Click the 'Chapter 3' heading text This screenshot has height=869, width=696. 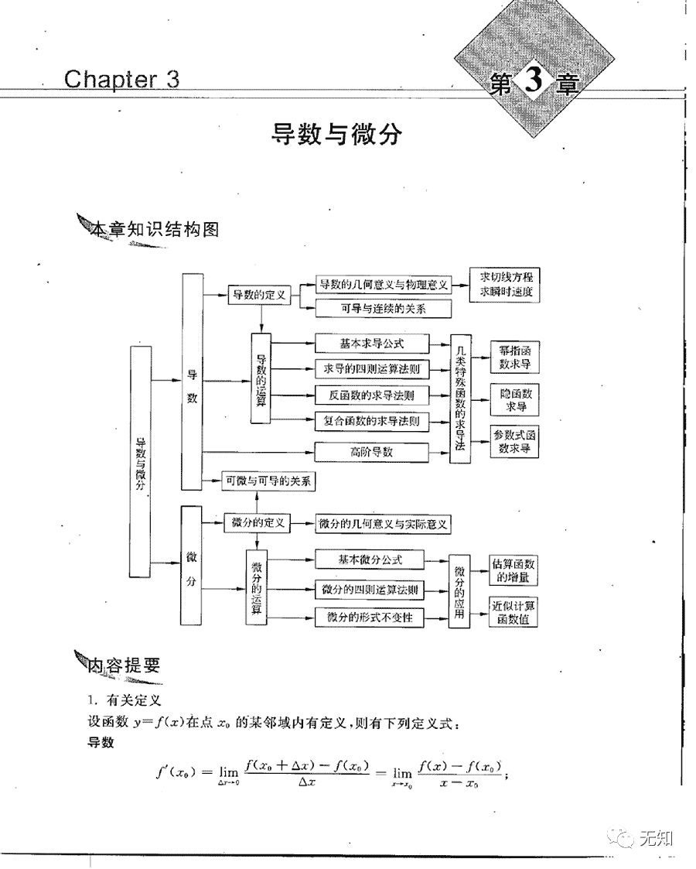[121, 79]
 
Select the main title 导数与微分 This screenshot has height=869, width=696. [336, 134]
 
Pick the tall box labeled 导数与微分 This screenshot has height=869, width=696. [140, 461]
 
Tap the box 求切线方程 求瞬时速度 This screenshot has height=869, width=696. [506, 286]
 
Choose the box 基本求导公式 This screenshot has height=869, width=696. [371, 343]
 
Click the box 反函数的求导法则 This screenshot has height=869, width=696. [371, 395]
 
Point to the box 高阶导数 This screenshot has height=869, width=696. [371, 451]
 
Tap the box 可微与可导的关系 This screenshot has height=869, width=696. [268, 481]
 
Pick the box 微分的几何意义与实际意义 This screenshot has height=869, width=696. [384, 524]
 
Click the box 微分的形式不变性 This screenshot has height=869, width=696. [370, 617]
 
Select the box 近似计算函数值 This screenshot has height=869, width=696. [515, 612]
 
